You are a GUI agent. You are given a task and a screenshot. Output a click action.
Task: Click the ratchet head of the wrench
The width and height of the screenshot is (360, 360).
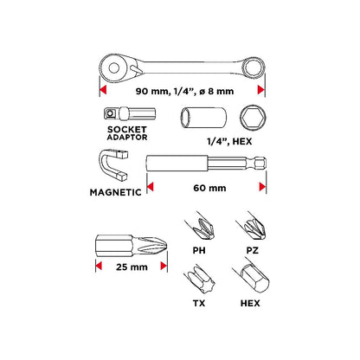pyautogui.click(x=114, y=68)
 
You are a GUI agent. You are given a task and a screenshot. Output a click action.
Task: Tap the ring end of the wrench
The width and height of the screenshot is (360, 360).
pyautogui.click(x=254, y=68)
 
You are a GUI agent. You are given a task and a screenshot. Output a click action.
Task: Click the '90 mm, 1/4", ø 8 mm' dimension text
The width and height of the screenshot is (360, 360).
pyautogui.click(x=184, y=91)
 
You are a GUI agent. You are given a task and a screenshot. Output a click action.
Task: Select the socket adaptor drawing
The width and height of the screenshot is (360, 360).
pyautogui.click(x=129, y=113)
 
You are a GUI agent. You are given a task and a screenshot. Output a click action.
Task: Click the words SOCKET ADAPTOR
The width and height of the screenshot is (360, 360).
pyautogui.click(x=127, y=133)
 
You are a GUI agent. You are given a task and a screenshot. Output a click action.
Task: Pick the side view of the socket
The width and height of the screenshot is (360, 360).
pyautogui.click(x=202, y=118)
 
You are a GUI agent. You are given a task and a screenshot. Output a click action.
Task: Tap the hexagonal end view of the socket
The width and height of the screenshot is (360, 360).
pyautogui.click(x=253, y=118)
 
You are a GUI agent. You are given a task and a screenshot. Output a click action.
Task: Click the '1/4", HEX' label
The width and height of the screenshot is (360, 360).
pyautogui.click(x=229, y=142)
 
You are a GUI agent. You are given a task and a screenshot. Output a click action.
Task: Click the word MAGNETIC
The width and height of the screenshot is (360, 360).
pyautogui.click(x=115, y=192)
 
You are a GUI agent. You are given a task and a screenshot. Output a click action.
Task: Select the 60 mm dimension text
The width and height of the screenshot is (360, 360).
pyautogui.click(x=209, y=188)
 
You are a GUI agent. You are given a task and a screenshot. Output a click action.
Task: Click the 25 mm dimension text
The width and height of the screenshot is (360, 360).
pyautogui.click(x=132, y=267)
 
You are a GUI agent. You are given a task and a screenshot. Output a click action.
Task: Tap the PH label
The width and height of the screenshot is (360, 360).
pyautogui.click(x=199, y=250)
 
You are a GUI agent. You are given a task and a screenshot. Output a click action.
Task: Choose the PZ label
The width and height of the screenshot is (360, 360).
pyautogui.click(x=253, y=250)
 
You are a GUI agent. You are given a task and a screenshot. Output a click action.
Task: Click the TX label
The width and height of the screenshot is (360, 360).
pyautogui.click(x=199, y=303)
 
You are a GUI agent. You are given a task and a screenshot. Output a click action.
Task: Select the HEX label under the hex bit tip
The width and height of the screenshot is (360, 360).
pyautogui.click(x=250, y=303)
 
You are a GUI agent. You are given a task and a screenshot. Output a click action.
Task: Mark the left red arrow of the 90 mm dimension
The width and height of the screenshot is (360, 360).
pyautogui.click(x=103, y=90)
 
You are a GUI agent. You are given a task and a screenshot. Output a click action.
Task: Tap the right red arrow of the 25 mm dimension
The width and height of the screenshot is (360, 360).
pyautogui.click(x=164, y=266)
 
